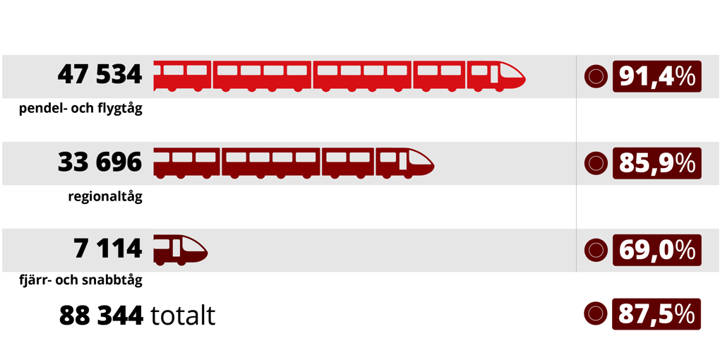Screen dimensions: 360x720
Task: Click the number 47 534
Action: (x=100, y=74)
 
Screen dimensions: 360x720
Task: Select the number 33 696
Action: (x=100, y=162)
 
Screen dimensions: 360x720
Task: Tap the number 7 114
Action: (x=107, y=248)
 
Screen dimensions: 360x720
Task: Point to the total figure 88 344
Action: (x=102, y=316)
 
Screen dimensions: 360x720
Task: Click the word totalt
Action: (x=184, y=316)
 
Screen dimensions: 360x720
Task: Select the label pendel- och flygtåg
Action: (x=80, y=109)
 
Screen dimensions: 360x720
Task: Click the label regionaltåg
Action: (x=104, y=196)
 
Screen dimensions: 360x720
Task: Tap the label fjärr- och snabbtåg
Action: (x=80, y=280)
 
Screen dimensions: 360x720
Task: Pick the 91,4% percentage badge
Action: (x=656, y=76)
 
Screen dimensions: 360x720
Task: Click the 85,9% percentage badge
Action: (x=656, y=163)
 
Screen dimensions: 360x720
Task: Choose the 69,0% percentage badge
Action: (x=656, y=250)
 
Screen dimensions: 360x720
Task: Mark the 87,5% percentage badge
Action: (x=656, y=314)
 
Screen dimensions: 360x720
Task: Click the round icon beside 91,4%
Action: (x=596, y=76)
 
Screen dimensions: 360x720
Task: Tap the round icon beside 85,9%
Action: (x=596, y=163)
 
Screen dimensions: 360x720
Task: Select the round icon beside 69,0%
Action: (x=596, y=250)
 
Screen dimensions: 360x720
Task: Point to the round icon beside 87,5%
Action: (x=596, y=314)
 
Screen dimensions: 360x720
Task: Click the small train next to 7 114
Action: (x=180, y=249)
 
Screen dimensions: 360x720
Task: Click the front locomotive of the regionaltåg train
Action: (x=404, y=162)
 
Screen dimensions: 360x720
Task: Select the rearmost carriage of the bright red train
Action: (x=182, y=76)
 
